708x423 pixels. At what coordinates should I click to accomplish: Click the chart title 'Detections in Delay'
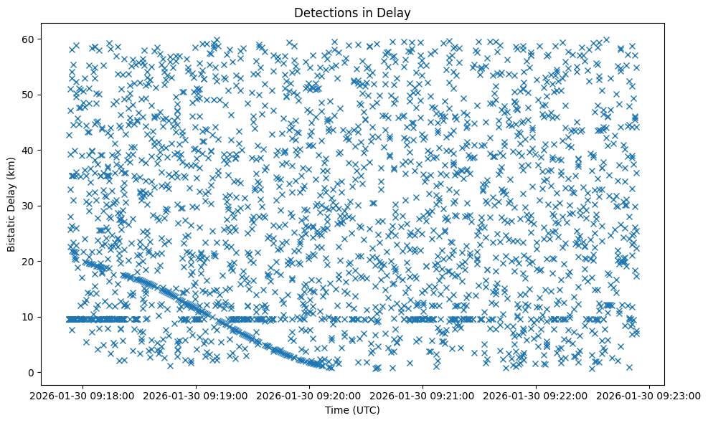click(x=353, y=12)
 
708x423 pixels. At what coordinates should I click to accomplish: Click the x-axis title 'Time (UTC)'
click(x=353, y=410)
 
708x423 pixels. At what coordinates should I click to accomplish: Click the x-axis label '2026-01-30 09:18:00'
click(x=82, y=395)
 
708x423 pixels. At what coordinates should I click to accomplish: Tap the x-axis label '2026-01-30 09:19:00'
click(x=197, y=395)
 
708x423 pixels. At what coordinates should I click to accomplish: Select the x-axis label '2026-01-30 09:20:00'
click(x=310, y=395)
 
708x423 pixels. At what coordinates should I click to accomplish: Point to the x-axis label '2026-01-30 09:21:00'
click(x=423, y=395)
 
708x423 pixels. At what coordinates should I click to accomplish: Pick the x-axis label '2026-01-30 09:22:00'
click(x=537, y=395)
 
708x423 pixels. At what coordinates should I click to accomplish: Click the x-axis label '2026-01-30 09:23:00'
click(x=650, y=395)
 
